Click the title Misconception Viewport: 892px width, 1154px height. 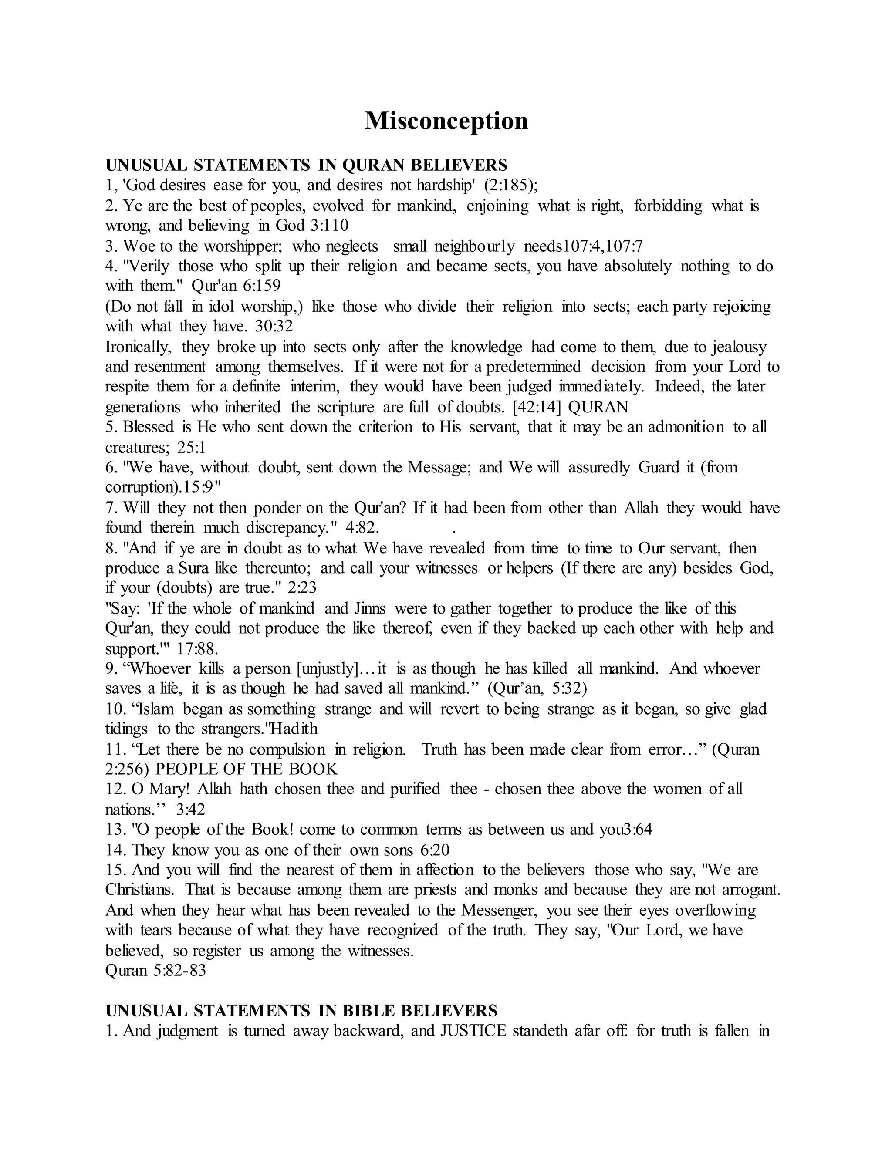pos(446,121)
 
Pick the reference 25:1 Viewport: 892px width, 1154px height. pos(191,448)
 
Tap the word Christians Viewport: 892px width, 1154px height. pos(139,891)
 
